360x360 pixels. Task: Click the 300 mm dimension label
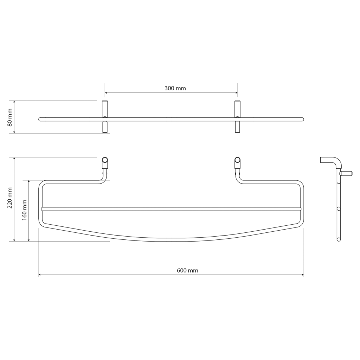click(175, 88)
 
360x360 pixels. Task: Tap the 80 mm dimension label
click(9, 117)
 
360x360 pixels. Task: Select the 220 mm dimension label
click(9, 198)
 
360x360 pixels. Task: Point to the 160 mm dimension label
click(24, 210)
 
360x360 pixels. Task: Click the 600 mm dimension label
click(187, 270)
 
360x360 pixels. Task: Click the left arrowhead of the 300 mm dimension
click(106, 93)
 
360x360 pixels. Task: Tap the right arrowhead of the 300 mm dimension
click(236, 93)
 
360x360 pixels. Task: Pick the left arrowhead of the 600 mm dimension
click(40, 275)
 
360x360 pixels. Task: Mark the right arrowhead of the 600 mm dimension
click(302, 275)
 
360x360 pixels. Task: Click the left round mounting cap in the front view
click(105, 160)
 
